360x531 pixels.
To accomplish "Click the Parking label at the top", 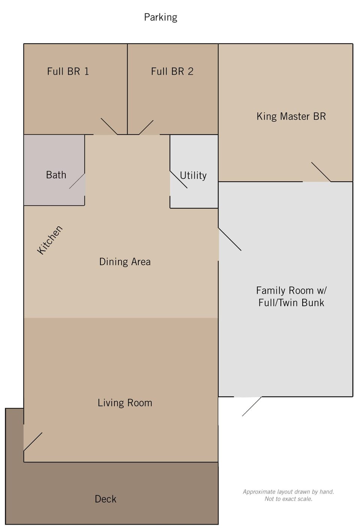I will (160, 17).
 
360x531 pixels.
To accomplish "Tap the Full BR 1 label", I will (68, 71).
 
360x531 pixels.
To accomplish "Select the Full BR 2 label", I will (172, 71).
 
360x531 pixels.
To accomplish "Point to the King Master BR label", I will (291, 116).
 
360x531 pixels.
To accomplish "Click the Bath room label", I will (56, 175).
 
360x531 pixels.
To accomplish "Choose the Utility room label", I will (193, 175).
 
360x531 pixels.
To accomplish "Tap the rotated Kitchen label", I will (50, 240).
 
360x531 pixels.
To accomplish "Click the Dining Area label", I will (125, 262).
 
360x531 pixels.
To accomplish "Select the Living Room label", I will (125, 403).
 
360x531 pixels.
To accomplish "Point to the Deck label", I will (105, 499).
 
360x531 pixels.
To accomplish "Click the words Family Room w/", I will (291, 290).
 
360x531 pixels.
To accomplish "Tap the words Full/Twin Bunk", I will (291, 303).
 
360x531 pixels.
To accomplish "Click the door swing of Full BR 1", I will (109, 126).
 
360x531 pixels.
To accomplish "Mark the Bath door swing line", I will (77, 181).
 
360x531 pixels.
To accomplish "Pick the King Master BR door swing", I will (321, 172).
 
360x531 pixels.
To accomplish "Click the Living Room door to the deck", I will (33, 442).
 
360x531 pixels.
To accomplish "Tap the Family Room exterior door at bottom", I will (252, 406).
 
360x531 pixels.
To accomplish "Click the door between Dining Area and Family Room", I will (230, 239).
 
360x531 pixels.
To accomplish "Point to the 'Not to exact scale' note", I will (288, 499).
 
